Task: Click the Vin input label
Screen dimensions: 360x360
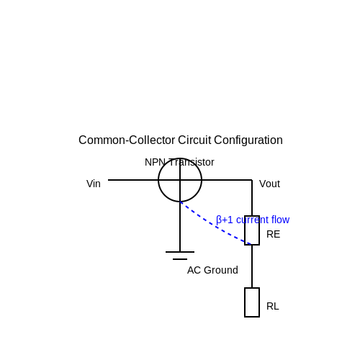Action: click(x=94, y=184)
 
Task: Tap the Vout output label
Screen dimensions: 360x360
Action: click(x=269, y=184)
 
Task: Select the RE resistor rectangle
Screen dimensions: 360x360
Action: click(x=252, y=230)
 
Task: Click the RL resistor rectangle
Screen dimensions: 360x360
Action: click(x=252, y=302)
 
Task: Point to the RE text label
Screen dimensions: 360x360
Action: click(x=273, y=234)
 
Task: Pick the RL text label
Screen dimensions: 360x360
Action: click(x=273, y=306)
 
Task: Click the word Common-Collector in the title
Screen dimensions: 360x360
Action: click(x=127, y=140)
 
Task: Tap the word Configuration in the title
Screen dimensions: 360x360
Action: click(x=248, y=140)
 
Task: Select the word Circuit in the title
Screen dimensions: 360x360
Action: click(x=194, y=140)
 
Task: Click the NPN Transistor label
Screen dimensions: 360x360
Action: click(x=179, y=162)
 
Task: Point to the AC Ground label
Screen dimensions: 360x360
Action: click(x=212, y=270)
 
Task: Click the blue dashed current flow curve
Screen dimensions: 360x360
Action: click(x=214, y=225)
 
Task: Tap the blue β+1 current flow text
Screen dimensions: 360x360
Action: click(x=253, y=220)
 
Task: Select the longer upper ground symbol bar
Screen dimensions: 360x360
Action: click(x=180, y=252)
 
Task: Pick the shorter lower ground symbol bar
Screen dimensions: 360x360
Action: click(x=180, y=259)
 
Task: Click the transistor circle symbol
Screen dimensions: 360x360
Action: click(x=158, y=180)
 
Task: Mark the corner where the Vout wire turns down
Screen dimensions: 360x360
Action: click(x=252, y=180)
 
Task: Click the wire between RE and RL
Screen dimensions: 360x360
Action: click(x=252, y=266)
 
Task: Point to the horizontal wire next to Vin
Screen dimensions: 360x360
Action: click(x=133, y=180)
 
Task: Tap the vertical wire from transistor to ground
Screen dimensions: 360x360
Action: click(x=180, y=227)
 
